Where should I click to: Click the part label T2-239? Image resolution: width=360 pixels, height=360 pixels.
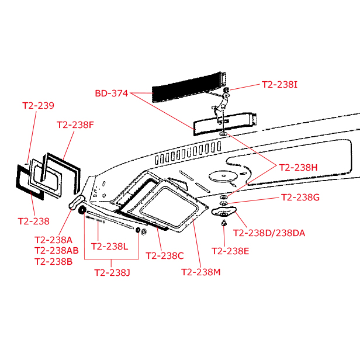click(39, 106)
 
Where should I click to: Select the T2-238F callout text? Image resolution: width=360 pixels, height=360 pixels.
click(75, 125)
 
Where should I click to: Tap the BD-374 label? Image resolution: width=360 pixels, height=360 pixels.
click(112, 94)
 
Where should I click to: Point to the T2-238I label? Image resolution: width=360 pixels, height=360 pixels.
click(279, 85)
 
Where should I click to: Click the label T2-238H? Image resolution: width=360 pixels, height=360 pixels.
click(298, 168)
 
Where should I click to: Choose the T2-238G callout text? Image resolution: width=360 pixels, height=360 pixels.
click(300, 197)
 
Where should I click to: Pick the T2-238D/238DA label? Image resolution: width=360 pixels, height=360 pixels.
click(269, 233)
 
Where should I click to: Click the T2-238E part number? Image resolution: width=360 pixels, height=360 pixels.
click(230, 251)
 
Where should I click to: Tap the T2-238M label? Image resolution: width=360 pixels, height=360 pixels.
click(201, 272)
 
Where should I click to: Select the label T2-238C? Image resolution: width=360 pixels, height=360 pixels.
click(165, 256)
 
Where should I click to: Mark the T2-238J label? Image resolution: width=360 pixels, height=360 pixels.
click(112, 273)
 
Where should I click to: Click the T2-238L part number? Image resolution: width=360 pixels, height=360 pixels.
click(109, 247)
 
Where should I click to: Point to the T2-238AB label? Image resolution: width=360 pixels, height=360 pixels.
click(57, 251)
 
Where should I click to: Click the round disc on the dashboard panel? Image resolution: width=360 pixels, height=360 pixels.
click(223, 176)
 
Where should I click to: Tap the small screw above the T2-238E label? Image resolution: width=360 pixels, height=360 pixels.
click(224, 223)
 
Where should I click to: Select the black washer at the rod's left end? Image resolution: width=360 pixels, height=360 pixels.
click(82, 210)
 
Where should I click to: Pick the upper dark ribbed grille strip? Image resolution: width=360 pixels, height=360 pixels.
click(189, 86)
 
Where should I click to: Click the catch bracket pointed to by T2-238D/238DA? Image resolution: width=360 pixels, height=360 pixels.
click(224, 212)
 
